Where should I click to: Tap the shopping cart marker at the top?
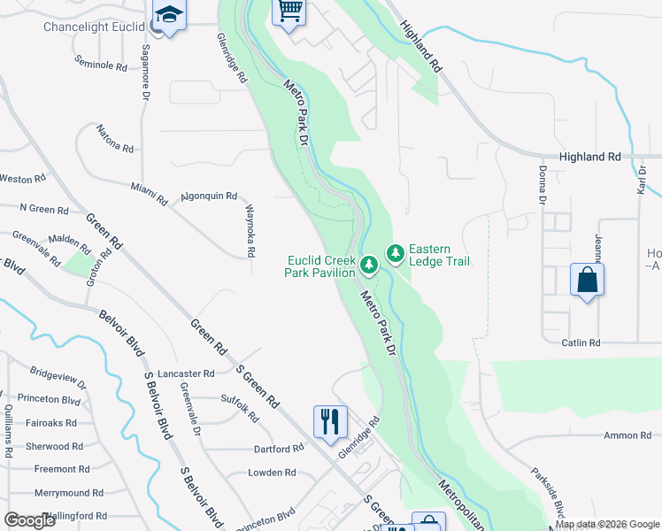[x=289, y=12]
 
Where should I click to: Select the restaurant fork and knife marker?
[x=330, y=420]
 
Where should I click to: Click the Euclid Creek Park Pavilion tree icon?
[x=369, y=263]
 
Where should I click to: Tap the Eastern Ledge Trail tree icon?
[x=395, y=255]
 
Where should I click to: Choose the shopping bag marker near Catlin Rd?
[x=588, y=281]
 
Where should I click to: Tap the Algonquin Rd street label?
[x=209, y=196]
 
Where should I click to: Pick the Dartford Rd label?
[x=279, y=449]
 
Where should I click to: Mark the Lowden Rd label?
[x=272, y=473]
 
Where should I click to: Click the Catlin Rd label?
[x=581, y=342]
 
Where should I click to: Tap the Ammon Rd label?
[x=627, y=435]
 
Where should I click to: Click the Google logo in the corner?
[x=30, y=520]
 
